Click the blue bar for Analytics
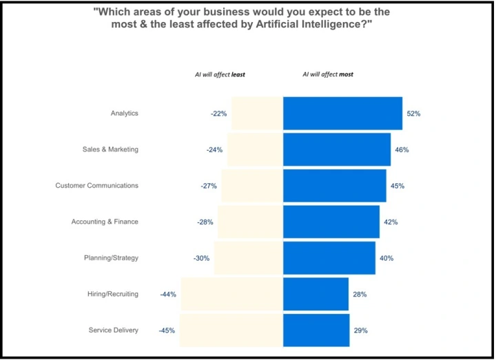click(342, 114)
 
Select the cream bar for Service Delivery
click(231, 330)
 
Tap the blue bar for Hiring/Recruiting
click(316, 294)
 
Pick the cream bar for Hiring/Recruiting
click(231, 294)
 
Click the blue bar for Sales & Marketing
click(337, 149)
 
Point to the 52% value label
click(413, 114)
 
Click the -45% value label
click(167, 330)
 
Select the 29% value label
click(360, 330)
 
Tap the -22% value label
click(219, 114)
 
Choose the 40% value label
click(386, 258)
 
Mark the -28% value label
click(205, 222)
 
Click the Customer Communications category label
click(97, 186)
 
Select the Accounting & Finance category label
click(105, 222)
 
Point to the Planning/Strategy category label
click(111, 258)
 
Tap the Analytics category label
click(125, 114)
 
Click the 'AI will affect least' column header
click(220, 74)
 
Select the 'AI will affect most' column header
click(328, 74)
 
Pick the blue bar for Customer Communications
click(334, 186)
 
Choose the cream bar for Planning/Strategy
click(249, 258)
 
